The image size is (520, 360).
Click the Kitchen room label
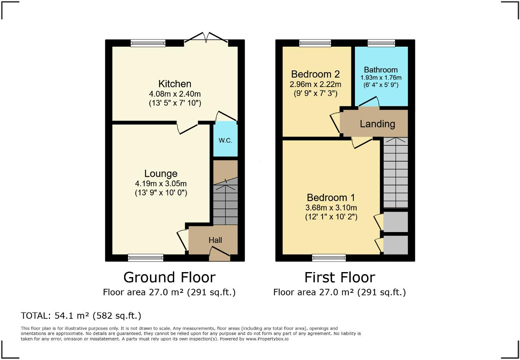(175, 84)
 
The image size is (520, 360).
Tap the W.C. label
(225, 140)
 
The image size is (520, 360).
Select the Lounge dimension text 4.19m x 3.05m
(161, 184)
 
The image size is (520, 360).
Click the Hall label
(215, 240)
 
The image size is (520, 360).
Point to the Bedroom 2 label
(315, 74)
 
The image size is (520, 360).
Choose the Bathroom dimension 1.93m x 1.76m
(381, 77)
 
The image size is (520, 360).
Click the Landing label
(377, 124)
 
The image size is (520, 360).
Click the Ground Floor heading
(169, 277)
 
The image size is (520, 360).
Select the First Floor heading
(340, 277)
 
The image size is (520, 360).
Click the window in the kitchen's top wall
(148, 43)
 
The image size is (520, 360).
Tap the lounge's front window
(145, 258)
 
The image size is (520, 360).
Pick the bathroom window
(381, 43)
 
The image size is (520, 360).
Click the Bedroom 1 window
(329, 258)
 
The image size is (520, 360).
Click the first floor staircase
(395, 173)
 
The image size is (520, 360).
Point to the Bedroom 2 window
(315, 43)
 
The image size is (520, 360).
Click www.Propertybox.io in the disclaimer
(267, 339)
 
